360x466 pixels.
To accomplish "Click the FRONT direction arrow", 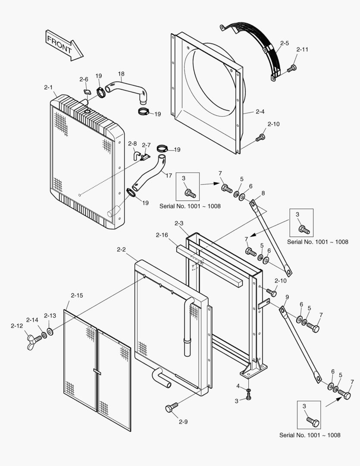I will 63,45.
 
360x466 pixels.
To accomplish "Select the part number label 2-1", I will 48,88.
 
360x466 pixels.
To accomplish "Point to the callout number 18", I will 121,73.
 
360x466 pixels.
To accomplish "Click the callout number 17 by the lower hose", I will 169,176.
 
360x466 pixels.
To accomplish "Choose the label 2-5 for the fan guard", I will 284,43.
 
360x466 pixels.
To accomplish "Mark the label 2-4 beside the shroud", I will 260,112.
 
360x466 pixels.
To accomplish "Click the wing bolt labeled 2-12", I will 32,341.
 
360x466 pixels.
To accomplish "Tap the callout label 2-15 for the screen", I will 77,296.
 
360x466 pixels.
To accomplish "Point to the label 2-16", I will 162,235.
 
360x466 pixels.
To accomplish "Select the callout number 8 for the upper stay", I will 263,193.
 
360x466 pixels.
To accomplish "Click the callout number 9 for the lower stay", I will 287,297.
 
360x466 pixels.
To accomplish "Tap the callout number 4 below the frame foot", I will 238,385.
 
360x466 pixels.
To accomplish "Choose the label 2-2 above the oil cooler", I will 122,250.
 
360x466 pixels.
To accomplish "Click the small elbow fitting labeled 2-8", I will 136,154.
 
